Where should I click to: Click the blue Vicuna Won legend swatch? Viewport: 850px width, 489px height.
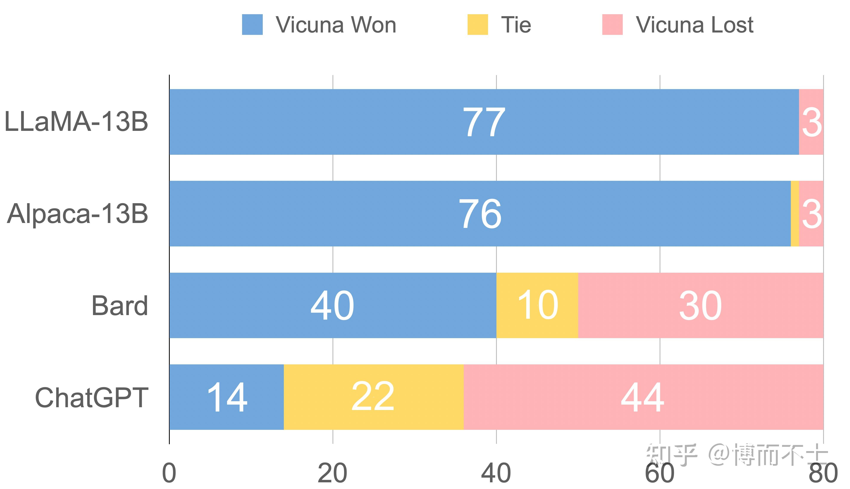[x=252, y=25]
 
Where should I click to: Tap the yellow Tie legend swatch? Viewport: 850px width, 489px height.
[x=477, y=25]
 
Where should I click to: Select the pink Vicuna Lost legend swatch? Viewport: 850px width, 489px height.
[x=612, y=25]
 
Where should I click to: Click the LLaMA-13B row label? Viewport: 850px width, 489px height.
[x=76, y=122]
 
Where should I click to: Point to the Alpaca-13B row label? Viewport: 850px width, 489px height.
[x=77, y=214]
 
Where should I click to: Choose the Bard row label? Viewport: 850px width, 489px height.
[x=119, y=306]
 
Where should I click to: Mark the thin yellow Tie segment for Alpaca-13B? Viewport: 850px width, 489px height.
[x=795, y=214]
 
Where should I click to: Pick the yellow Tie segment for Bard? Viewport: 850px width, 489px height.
[x=537, y=305]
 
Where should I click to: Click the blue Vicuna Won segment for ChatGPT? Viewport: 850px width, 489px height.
[x=227, y=397]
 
